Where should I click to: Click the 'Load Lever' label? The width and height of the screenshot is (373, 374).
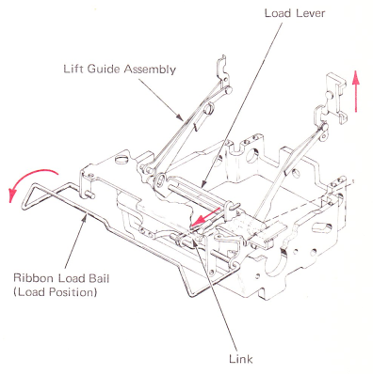[x=295, y=13]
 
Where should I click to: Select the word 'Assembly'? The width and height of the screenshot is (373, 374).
[x=150, y=70]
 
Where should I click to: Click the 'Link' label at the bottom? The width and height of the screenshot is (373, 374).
[x=240, y=359]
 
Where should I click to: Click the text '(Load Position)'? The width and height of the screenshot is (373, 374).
[x=55, y=292]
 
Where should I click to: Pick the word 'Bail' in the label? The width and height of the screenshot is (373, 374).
[x=99, y=278]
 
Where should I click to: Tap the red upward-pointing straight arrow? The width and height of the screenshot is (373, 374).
[x=355, y=91]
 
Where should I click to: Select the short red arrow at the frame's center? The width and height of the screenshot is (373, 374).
[x=206, y=216]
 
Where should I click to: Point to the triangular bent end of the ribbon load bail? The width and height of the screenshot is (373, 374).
[x=31, y=195]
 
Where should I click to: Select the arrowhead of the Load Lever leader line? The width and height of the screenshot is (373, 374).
[x=203, y=185]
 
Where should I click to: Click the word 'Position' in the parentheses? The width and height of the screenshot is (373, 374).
[x=71, y=292]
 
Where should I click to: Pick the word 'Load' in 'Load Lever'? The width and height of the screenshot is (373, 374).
[x=278, y=13]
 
